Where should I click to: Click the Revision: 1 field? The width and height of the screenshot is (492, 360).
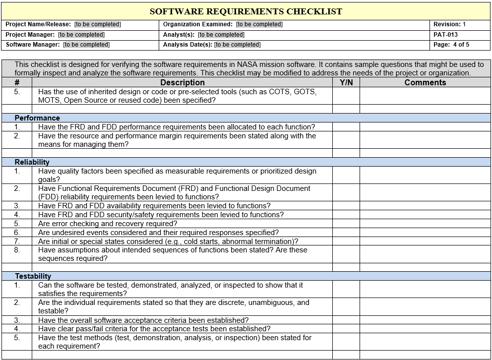pos(449,24)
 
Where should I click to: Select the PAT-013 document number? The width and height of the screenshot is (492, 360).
pos(445,35)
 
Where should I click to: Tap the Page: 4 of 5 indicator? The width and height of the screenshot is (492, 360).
pos(451,45)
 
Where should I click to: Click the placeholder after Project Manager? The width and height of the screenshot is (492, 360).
pos(81,35)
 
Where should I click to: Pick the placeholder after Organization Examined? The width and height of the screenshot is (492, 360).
pos(259,24)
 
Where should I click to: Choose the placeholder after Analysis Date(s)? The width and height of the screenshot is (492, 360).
pos(237,45)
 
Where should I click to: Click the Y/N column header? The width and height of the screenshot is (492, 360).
pos(346,82)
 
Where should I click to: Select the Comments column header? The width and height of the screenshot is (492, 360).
pos(425,82)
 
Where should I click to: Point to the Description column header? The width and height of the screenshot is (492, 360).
pos(182,82)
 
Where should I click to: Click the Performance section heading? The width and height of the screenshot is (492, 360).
pos(37,118)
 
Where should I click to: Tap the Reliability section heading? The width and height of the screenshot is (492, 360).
pos(32,162)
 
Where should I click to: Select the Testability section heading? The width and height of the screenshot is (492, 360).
pos(33,276)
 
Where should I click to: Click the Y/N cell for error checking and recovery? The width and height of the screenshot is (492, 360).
pos(346,224)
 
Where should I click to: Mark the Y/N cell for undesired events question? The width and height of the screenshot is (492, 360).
pos(346,233)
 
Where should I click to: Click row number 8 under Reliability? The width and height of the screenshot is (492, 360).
pos(17,250)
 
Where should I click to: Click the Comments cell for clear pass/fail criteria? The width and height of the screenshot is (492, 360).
pos(425,329)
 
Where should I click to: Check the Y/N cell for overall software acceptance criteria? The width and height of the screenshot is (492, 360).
pos(346,320)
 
